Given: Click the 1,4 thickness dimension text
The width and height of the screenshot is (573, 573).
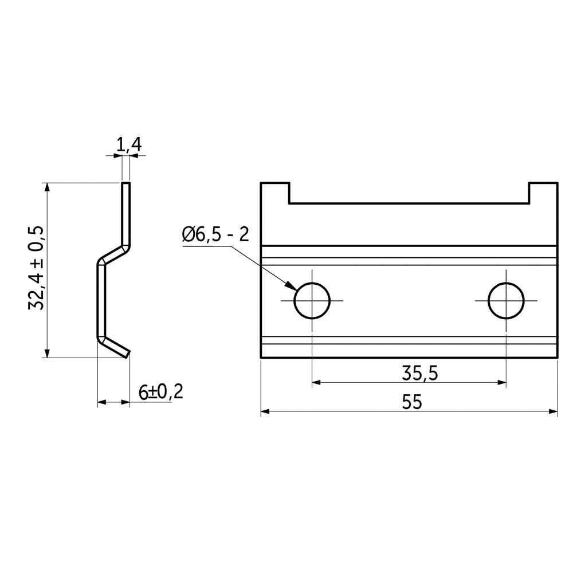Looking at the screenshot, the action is point(129,145).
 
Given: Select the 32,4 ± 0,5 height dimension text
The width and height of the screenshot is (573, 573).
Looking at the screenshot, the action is point(36,268).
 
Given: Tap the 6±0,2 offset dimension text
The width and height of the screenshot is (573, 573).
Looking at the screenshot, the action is point(161,392).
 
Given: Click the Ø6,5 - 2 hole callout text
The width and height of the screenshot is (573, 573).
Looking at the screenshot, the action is point(215,234).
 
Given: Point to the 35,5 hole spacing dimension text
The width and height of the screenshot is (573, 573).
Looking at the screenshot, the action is point(419,374).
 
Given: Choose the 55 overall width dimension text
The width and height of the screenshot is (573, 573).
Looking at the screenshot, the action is point(412,402).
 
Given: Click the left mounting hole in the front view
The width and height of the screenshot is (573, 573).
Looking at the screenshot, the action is point(312,301).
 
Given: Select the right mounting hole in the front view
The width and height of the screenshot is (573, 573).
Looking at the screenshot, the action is point(506,301).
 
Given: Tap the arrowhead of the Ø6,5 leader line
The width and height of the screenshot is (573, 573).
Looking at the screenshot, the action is point(292,286).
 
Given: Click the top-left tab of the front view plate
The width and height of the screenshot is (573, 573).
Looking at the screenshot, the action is point(275,193).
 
